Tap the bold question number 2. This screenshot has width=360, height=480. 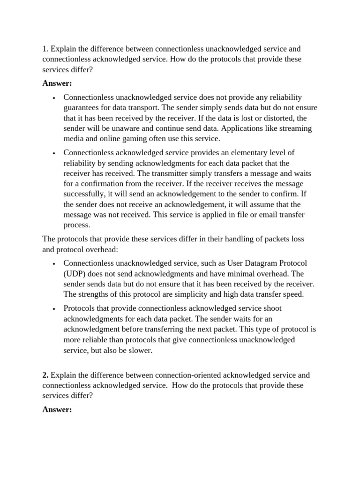(45, 375)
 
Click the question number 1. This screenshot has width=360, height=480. (45, 49)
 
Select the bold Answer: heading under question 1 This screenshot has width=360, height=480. (57, 83)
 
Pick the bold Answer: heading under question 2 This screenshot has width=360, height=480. (57, 410)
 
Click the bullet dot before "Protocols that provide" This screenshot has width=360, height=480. (55, 309)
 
